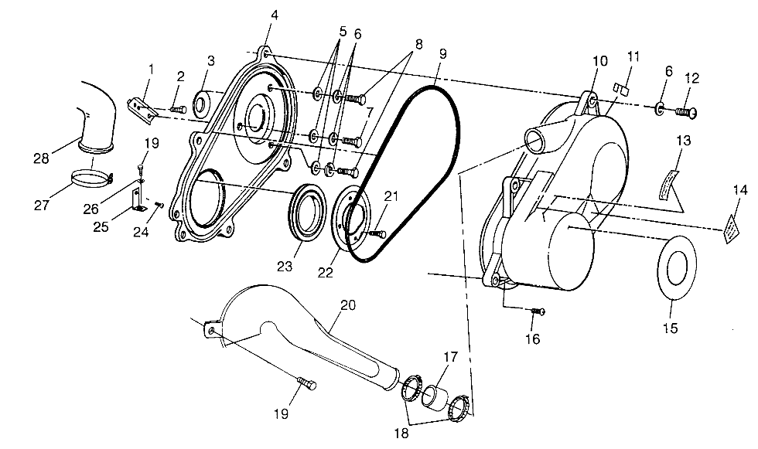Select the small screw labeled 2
[177, 109]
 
